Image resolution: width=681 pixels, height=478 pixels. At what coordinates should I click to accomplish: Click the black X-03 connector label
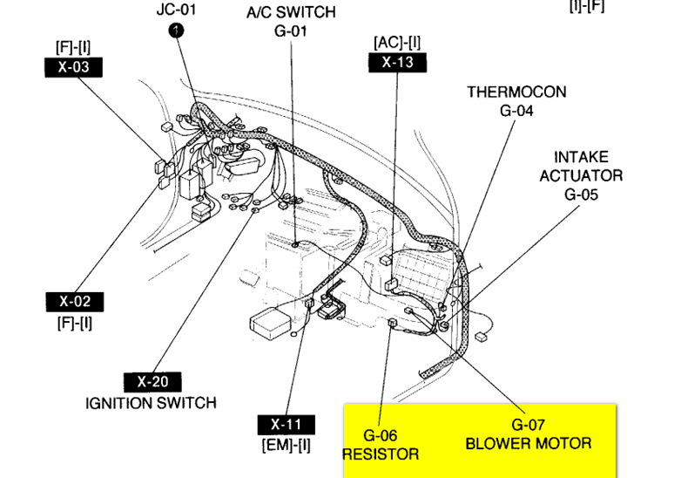(x=74, y=66)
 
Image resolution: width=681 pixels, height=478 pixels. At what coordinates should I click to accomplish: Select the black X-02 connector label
(x=74, y=303)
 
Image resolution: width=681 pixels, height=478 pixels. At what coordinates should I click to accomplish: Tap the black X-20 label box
(x=153, y=382)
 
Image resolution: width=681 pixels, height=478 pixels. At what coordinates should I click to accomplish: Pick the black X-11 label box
(x=287, y=426)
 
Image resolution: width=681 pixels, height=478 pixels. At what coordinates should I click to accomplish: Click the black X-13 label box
(x=397, y=62)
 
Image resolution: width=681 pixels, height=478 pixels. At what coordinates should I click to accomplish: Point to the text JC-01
(x=177, y=10)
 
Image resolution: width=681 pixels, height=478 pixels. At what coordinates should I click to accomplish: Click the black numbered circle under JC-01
(x=177, y=31)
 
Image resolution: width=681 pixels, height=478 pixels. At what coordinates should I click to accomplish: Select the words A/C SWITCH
(x=292, y=13)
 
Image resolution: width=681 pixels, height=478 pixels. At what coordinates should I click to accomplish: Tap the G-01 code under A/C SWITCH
(x=292, y=32)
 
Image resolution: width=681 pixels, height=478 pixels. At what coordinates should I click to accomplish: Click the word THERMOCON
(x=516, y=92)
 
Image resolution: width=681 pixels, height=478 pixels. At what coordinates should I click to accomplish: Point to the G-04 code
(x=516, y=111)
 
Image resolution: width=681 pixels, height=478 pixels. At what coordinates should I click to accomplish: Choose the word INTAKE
(x=581, y=157)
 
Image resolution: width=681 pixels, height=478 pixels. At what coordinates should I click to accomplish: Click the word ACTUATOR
(x=581, y=175)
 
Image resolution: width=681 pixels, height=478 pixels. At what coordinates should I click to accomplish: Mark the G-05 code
(x=581, y=195)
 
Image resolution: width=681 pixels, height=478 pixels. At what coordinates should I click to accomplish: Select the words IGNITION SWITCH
(x=151, y=403)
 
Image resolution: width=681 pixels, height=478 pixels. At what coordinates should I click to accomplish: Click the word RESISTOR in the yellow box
(x=381, y=454)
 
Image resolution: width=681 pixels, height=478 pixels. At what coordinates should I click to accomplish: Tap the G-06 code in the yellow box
(x=381, y=434)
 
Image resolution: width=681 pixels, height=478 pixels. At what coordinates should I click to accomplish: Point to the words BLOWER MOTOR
(x=528, y=443)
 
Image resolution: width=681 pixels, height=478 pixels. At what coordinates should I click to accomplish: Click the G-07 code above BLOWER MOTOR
(x=528, y=425)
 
